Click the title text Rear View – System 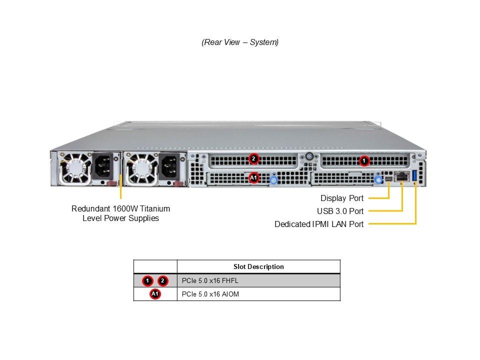[x=240, y=42]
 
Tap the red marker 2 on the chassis [x=253, y=159]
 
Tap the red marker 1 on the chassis [x=364, y=161]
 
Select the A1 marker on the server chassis [x=253, y=177]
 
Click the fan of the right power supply [x=141, y=169]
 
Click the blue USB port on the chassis [x=414, y=176]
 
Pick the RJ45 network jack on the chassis [x=401, y=176]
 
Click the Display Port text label [x=342, y=198]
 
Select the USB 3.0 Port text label [x=340, y=211]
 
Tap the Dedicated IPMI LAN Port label [x=319, y=224]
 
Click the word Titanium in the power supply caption [x=153, y=208]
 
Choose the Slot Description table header [x=258, y=266]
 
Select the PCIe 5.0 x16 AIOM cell [x=210, y=294]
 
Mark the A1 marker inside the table [x=155, y=294]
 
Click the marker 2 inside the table [x=163, y=280]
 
